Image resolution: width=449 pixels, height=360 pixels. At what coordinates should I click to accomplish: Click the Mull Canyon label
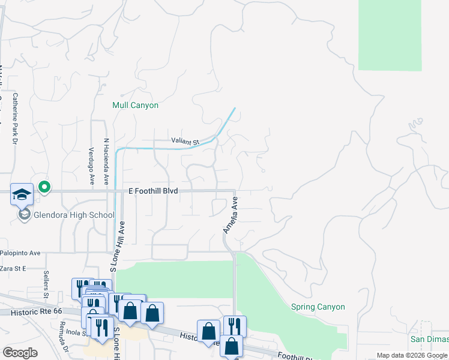[136, 105]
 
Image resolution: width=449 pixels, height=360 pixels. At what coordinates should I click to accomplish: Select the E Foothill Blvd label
[153, 190]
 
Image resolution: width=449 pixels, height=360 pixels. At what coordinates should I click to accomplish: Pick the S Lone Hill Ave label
[116, 246]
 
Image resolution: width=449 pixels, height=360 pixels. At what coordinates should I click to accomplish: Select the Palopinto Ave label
[20, 253]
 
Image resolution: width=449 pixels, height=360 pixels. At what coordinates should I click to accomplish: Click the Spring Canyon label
[318, 307]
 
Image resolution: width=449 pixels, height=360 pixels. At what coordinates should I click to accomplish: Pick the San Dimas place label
[429, 339]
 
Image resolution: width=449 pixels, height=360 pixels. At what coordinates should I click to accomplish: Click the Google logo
[20, 353]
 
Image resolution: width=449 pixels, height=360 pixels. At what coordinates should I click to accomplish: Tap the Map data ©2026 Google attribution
[411, 355]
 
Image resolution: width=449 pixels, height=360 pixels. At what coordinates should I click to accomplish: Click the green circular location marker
[44, 187]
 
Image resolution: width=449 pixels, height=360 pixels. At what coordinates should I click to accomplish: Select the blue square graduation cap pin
[22, 194]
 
